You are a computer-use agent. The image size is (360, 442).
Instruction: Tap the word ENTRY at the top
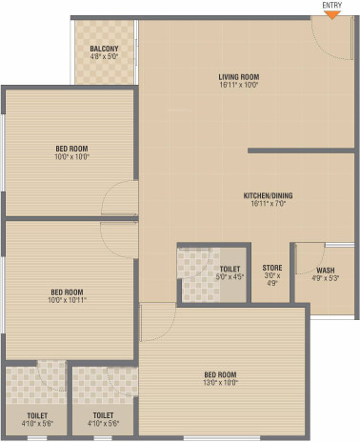[332, 6]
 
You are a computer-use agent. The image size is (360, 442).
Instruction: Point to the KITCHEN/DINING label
[268, 196]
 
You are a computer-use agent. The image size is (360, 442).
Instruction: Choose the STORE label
[270, 270]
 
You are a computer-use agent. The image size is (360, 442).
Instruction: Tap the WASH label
[325, 270]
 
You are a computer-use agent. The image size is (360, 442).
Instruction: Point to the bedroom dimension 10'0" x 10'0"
[72, 157]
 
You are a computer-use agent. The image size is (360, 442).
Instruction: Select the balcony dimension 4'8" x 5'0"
[105, 56]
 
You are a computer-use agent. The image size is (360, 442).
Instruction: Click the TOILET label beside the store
[230, 269]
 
